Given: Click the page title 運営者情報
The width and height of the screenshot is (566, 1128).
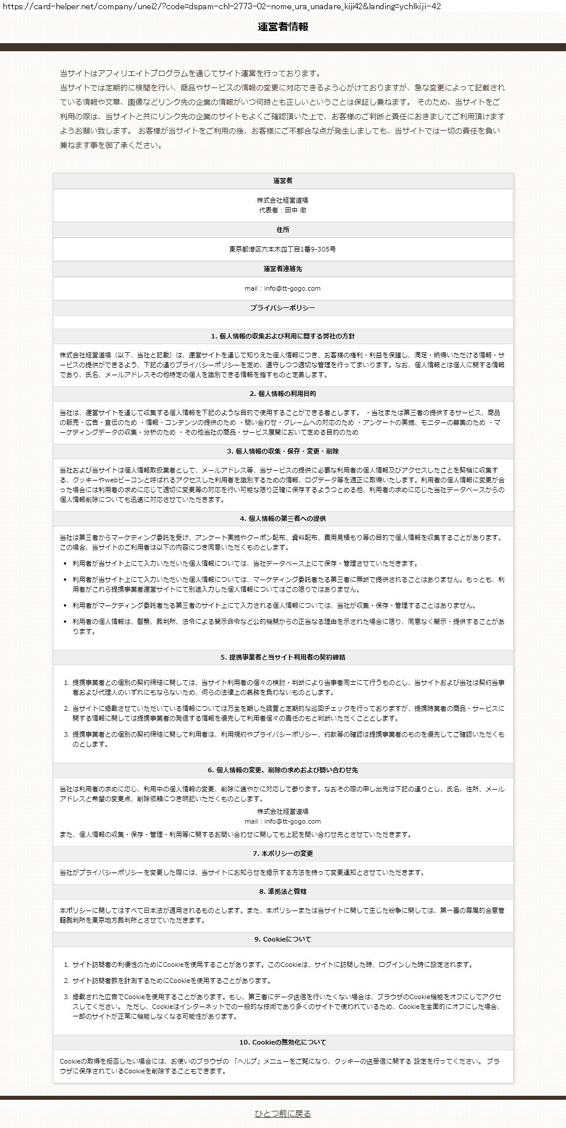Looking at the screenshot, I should click(283, 27).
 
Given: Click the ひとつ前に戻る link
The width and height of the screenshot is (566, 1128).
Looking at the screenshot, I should click(283, 1114).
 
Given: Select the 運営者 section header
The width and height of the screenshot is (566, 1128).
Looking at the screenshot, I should click(283, 181).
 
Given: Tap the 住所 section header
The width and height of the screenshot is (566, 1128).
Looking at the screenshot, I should click(283, 230).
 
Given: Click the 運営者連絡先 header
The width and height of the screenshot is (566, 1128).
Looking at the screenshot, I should click(283, 269).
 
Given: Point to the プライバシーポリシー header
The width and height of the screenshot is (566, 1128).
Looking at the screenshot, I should click(283, 308).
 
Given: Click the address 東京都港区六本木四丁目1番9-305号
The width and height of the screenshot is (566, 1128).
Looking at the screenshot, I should click(283, 249).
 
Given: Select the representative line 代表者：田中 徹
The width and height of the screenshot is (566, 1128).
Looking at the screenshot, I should click(283, 210).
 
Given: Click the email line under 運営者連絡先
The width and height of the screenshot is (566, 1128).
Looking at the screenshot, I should click(283, 288).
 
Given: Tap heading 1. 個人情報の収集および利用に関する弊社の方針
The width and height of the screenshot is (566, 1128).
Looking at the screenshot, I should click(283, 336).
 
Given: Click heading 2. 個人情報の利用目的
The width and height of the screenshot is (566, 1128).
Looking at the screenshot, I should click(283, 394).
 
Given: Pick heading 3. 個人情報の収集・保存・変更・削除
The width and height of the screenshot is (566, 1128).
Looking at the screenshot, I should click(283, 451).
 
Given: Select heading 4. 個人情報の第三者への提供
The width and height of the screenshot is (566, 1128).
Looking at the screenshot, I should click(283, 519).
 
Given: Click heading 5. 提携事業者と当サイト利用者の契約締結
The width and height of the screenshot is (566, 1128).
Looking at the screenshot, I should click(283, 657).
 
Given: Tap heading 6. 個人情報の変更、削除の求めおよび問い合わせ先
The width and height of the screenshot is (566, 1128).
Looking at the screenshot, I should click(283, 770).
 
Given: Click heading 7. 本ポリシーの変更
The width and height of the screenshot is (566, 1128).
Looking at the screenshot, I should click(283, 853).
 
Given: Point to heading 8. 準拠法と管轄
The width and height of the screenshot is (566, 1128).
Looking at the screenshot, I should click(283, 891).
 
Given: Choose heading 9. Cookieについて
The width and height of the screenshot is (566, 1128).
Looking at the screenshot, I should click(283, 939).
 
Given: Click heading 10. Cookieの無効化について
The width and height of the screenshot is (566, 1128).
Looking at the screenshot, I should click(283, 1042).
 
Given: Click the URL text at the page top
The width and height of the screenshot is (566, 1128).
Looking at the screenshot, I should click(222, 6).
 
